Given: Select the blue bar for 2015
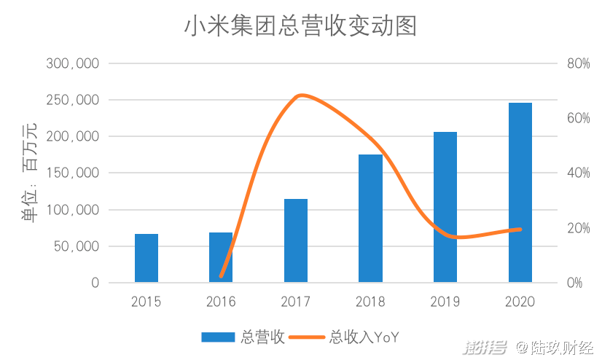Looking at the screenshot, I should click(x=146, y=258).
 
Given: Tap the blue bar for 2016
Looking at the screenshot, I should click(x=221, y=257).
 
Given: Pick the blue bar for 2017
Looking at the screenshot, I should click(x=296, y=240).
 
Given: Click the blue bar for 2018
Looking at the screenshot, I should click(x=370, y=219).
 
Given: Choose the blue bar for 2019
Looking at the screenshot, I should click(x=445, y=207).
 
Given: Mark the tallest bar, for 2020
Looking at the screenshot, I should click(x=520, y=192).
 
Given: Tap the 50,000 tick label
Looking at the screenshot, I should click(x=77, y=246).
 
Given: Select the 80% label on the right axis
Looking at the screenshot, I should click(x=578, y=63).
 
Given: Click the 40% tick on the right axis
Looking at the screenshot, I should click(x=578, y=173).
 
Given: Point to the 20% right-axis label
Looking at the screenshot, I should click(x=578, y=228).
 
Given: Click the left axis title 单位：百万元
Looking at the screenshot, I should click(x=30, y=173).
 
